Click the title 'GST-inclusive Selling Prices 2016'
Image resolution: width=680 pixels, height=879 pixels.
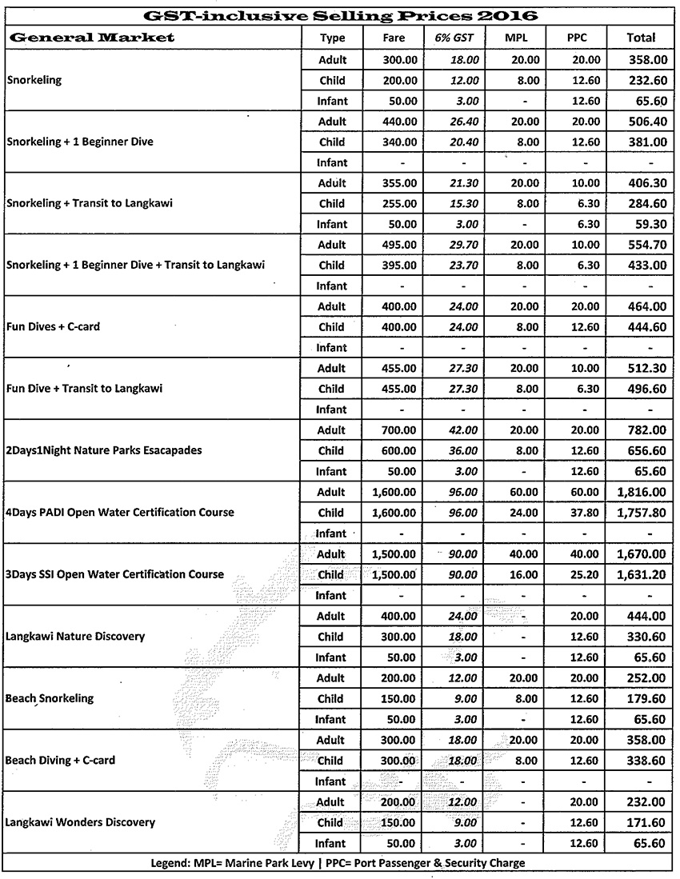339,15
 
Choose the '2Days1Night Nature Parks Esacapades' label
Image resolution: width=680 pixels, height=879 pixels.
103,450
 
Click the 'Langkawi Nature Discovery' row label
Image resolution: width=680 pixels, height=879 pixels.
75,637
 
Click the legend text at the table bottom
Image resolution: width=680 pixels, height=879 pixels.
338,863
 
